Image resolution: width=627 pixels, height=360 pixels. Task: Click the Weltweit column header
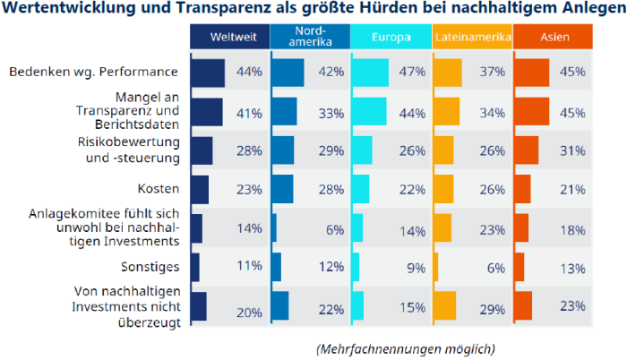[228, 37]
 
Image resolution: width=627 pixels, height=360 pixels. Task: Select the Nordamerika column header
[309, 37]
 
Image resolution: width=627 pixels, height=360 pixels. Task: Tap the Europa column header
[389, 37]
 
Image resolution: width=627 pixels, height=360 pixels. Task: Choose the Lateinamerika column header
[472, 37]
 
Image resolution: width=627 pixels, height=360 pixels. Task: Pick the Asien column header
[553, 37]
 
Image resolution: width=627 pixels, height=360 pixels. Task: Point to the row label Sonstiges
[150, 266]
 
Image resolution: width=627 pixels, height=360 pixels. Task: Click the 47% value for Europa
[412, 72]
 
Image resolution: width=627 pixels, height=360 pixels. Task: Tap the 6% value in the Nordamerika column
[335, 229]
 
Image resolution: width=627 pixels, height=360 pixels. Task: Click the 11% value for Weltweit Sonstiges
[249, 266]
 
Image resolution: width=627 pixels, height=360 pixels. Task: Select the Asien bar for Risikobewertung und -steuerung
[527, 150]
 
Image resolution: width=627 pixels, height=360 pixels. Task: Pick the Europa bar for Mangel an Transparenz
[369, 111]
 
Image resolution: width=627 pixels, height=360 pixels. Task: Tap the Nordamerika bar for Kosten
[282, 189]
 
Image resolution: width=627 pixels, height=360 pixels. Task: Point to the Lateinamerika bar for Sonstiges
[436, 266]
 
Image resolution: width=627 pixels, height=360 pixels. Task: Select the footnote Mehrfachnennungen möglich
[405, 347]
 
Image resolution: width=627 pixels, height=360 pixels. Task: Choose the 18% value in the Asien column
[573, 229]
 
